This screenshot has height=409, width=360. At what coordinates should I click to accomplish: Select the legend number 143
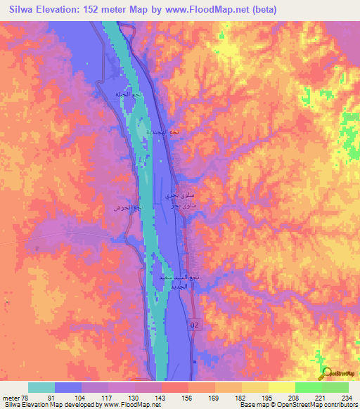(161, 398)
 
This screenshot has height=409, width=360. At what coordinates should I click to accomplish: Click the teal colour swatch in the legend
(41, 387)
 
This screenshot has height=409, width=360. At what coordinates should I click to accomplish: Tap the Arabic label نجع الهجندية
(168, 132)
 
